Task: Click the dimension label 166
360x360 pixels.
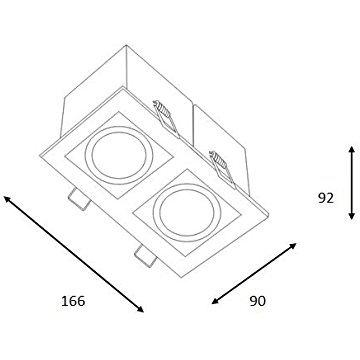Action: (73, 301)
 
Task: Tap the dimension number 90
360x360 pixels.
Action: (258, 301)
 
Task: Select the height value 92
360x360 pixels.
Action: (326, 198)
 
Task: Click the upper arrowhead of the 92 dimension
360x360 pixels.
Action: (351, 150)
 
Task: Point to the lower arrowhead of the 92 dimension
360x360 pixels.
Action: (351, 216)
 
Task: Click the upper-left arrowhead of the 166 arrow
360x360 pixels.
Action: (7, 199)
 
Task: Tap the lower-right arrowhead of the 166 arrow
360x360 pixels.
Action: (140, 309)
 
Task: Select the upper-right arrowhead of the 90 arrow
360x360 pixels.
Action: (292, 246)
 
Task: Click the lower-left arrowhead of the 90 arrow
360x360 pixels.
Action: (216, 301)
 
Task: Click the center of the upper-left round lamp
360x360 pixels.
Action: (119, 156)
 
